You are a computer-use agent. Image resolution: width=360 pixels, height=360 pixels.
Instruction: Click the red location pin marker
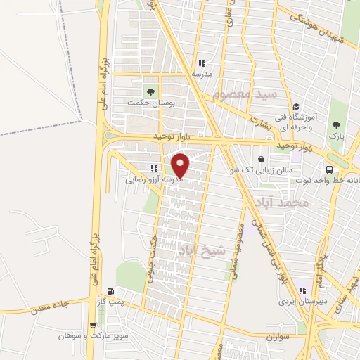tap(181, 166)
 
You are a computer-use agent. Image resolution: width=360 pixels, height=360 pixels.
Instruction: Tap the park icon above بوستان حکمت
tap(149, 91)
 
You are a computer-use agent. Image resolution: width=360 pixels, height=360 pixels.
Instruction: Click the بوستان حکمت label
tap(150, 103)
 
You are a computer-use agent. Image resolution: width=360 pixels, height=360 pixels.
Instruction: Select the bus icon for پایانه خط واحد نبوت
tap(328, 169)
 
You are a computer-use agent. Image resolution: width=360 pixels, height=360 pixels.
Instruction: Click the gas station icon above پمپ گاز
tap(110, 291)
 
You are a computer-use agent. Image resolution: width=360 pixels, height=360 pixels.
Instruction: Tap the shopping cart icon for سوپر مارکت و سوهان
tap(92, 326)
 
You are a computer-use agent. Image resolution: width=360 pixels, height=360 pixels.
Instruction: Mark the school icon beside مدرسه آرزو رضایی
tap(154, 168)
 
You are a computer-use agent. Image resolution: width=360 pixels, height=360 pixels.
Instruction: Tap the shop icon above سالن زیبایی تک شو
tap(262, 160)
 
